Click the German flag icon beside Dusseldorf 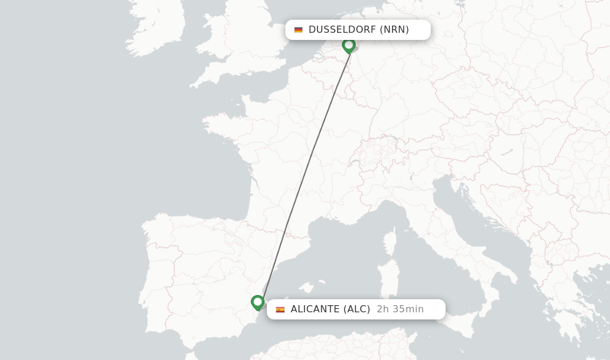tap(298, 30)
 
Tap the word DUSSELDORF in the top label tap(342, 30)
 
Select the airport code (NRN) tap(394, 30)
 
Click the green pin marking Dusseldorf tap(349, 45)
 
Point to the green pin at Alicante tap(257, 302)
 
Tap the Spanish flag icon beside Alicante tap(280, 309)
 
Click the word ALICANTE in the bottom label tap(314, 309)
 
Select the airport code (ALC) tap(357, 309)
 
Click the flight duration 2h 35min tap(400, 309)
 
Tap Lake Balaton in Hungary tap(507, 153)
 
